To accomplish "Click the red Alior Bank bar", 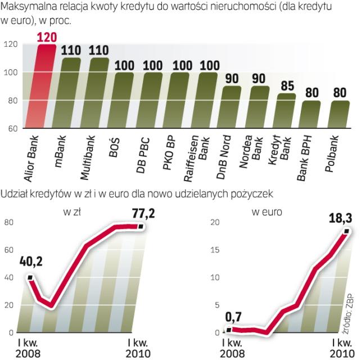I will pos(46,87).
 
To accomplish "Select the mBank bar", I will pos(71,93).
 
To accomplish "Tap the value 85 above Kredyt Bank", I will pos(287,87).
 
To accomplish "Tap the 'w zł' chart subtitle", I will pos(72,211).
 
